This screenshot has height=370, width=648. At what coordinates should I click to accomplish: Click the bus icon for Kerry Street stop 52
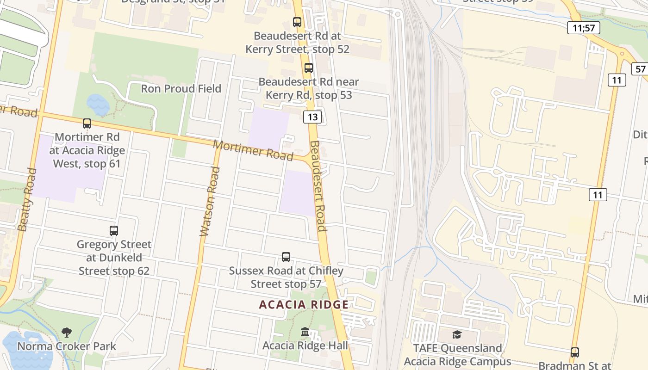click(297, 22)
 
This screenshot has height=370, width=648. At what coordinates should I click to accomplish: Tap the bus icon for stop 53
click(309, 68)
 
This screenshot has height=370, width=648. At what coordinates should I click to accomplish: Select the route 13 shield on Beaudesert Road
click(312, 117)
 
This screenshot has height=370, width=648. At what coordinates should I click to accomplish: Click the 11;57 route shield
click(583, 28)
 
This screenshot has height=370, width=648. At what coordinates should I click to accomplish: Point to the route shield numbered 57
click(640, 69)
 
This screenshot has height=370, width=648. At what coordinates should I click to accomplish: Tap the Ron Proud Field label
click(181, 88)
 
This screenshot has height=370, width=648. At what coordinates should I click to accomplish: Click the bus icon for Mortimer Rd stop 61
click(87, 123)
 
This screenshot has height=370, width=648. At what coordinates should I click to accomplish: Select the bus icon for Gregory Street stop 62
click(114, 230)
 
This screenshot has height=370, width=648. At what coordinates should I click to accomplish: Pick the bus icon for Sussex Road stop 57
click(286, 257)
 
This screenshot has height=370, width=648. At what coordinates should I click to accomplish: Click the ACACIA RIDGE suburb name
click(304, 304)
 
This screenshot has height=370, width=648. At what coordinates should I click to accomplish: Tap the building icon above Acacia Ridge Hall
click(305, 332)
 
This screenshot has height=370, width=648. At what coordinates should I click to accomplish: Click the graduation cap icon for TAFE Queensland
click(457, 334)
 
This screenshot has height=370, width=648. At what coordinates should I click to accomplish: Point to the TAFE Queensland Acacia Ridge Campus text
click(457, 355)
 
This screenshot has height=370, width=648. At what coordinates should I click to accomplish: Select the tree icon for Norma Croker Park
click(67, 332)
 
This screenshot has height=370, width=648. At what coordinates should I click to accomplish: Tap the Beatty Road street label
click(26, 199)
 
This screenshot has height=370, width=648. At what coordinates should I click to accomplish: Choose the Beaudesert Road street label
click(318, 186)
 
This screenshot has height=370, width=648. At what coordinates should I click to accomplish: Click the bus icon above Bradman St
click(575, 352)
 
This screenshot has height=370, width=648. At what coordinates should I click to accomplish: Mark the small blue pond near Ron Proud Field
click(98, 105)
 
